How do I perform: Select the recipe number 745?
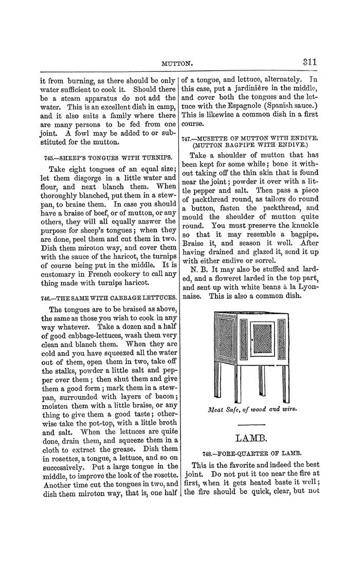[x=45, y=157]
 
